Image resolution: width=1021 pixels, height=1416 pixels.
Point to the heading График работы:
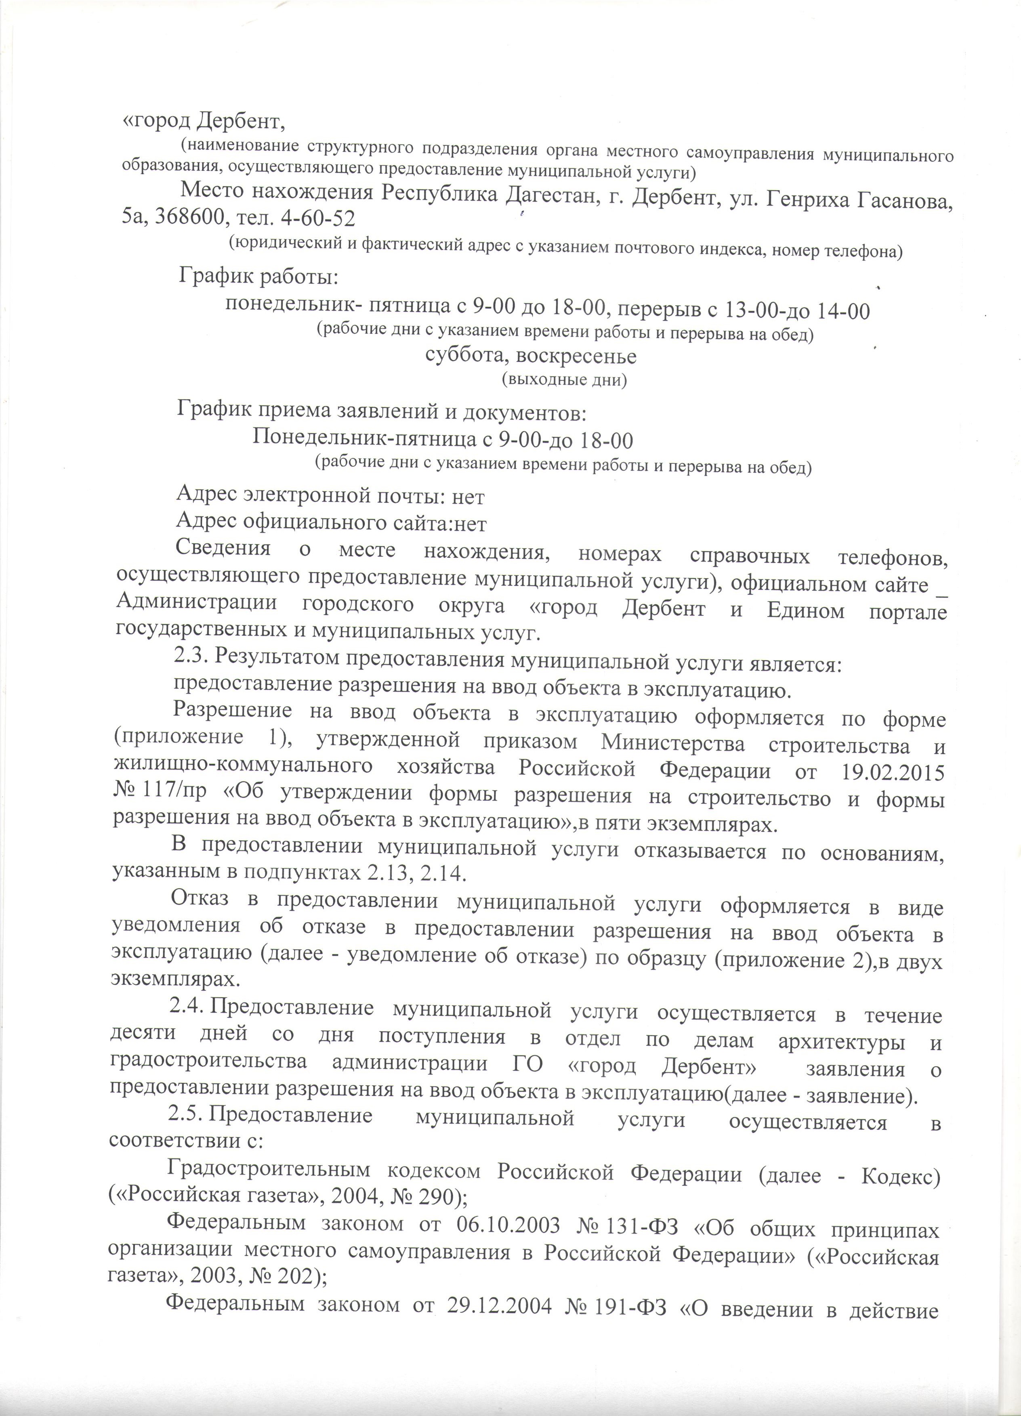[259, 276]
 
